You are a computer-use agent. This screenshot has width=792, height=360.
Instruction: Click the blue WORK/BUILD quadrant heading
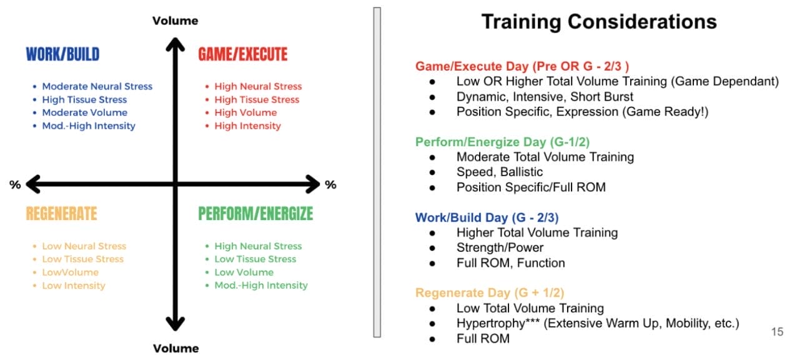62,54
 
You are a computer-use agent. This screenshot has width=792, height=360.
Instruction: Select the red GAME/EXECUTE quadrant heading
242,54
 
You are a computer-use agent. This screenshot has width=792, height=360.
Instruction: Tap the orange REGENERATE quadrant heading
61,214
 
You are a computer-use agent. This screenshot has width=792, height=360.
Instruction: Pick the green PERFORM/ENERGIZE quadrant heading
255,214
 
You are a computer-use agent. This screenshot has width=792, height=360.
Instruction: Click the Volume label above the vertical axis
176,21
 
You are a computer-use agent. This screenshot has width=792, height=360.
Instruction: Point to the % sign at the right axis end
330,184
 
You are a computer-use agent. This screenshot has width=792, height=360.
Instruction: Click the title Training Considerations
598,22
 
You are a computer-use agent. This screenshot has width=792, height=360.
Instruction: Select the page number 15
777,332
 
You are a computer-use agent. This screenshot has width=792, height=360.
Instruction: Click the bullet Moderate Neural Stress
97,86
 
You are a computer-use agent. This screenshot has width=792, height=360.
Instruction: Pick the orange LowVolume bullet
70,272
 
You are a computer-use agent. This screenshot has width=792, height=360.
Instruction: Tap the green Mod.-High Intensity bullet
260,285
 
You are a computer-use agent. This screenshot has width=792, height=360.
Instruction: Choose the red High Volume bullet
245,112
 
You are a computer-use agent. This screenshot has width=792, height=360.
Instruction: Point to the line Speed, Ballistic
500,172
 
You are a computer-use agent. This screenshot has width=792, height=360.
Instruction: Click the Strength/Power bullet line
500,247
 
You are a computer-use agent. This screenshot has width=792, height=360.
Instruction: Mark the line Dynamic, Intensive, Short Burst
545,96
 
